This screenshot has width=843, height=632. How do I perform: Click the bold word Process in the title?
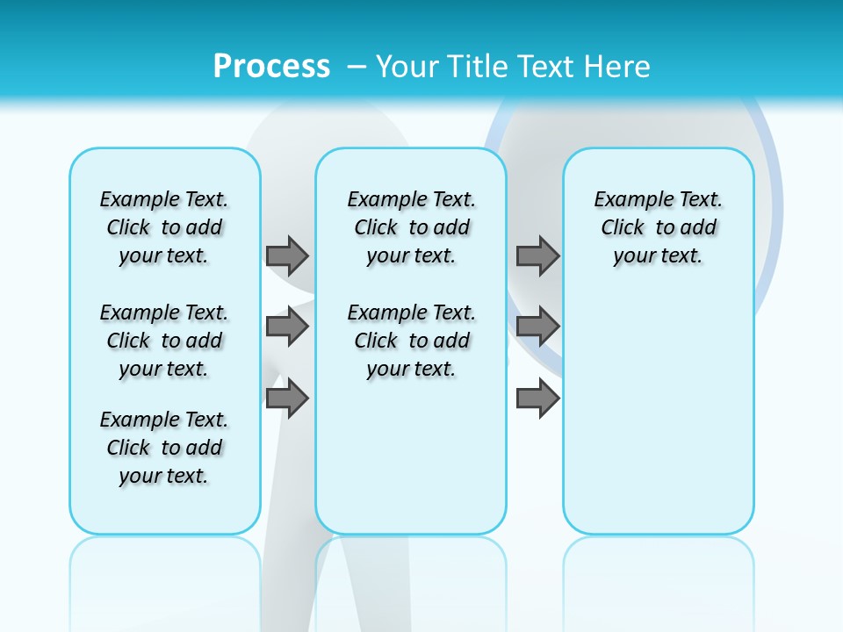pos(271,66)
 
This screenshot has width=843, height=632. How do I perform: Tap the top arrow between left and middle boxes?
pos(287,255)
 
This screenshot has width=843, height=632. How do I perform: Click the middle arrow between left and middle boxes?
pos(287,327)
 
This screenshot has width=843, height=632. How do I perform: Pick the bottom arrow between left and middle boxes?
pos(287,398)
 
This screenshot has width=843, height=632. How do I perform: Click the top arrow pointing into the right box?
pos(537,255)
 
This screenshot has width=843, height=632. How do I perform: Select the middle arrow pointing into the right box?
pos(537,327)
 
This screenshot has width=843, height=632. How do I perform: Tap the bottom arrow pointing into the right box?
pos(537,398)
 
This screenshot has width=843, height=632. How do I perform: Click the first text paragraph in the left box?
pos(164,227)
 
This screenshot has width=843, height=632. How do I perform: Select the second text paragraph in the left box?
pos(164,341)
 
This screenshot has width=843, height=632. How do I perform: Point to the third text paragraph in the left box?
pos(164,448)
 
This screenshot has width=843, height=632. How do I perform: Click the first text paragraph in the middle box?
pos(411,227)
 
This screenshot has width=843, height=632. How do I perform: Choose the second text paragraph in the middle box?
pos(411,341)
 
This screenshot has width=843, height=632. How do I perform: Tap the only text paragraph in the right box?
pos(658,227)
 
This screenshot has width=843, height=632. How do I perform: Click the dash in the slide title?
pos(357,66)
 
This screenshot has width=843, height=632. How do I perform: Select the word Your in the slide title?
pos(407,66)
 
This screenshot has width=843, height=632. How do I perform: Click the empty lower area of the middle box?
pos(411,456)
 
